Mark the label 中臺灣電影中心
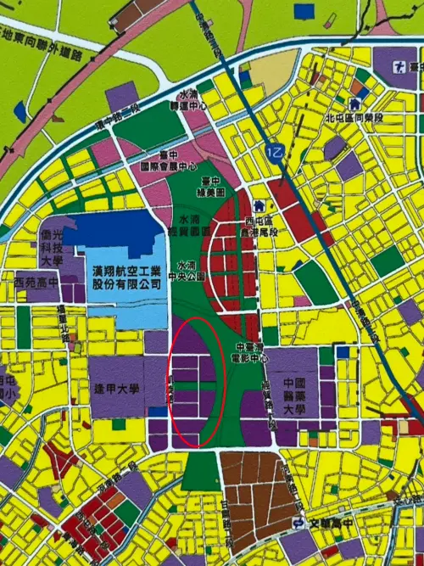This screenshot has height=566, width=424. pos(254,351)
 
